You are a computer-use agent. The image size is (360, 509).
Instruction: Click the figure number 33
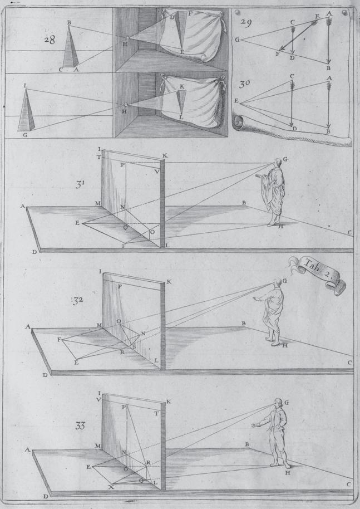point(81,426)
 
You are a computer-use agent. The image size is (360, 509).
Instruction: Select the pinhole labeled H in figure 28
point(127,38)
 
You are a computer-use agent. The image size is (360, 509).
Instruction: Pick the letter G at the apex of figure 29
point(238,40)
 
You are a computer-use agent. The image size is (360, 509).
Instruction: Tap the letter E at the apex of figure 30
point(236,101)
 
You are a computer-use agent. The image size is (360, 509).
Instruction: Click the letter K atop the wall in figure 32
point(169,282)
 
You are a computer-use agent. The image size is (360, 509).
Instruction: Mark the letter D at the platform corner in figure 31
point(34,252)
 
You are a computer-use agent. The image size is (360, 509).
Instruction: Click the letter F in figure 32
point(59,339)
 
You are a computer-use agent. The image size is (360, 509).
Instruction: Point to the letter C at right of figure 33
point(349,484)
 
